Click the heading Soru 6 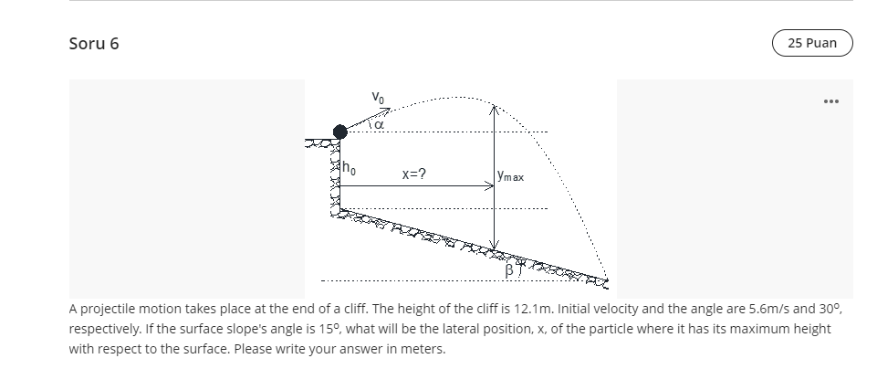[94, 44]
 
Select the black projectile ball [340, 132]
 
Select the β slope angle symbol [510, 269]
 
